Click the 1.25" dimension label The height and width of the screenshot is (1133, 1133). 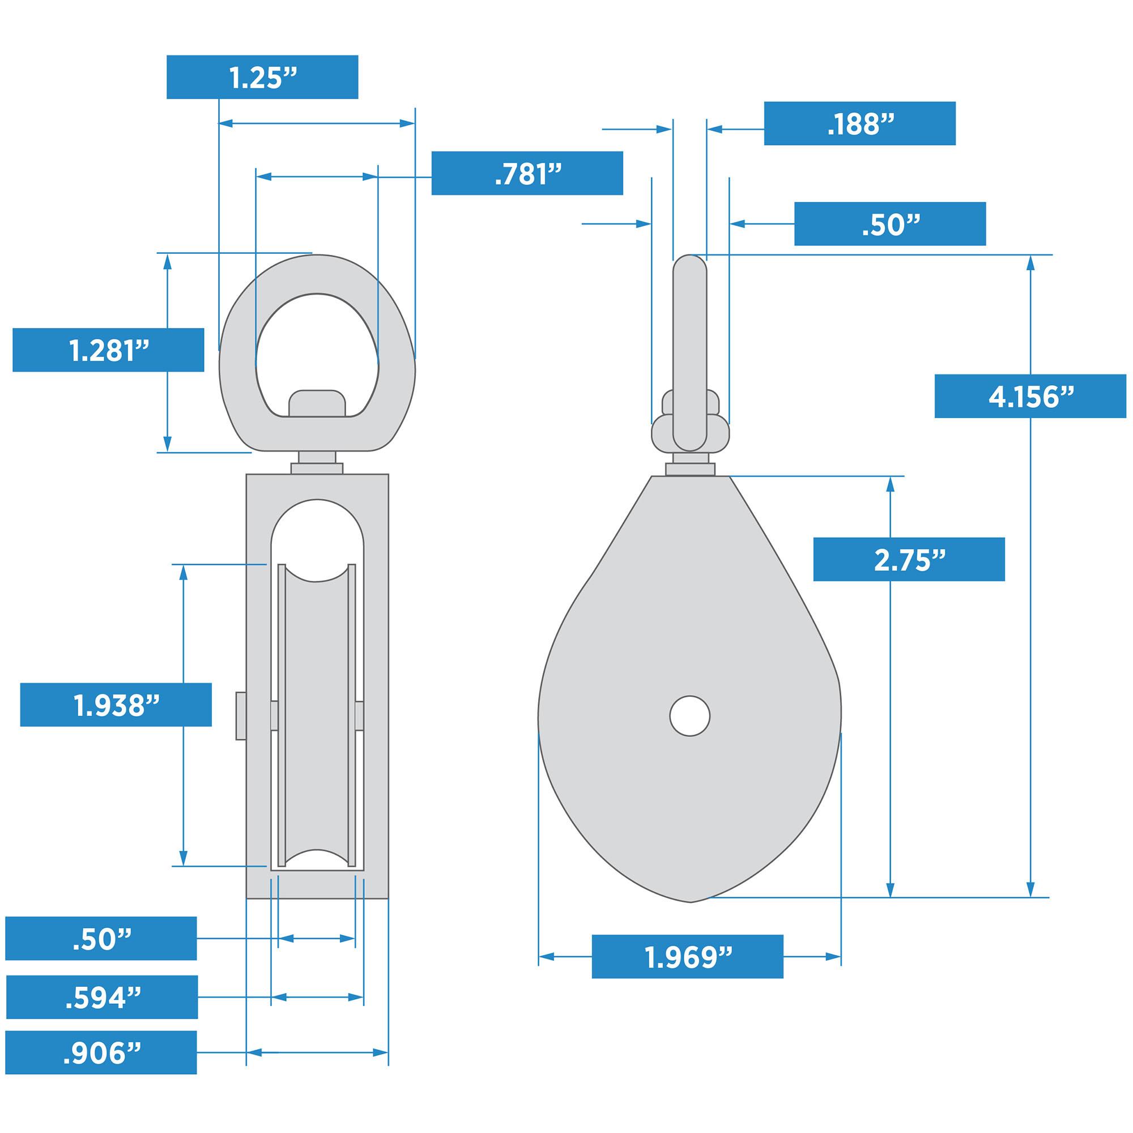point(262,77)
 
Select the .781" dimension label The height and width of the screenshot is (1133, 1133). point(527,173)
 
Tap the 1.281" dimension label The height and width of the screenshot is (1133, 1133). point(109,350)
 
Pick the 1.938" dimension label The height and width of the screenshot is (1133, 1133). point(116,705)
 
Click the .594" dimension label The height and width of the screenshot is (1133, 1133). point(102,997)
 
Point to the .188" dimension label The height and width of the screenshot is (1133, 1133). point(859,123)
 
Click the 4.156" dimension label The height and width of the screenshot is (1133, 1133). point(1030,396)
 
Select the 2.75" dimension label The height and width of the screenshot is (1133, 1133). point(909,560)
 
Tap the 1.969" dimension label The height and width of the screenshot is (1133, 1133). point(687,956)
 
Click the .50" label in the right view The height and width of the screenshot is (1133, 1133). point(889,223)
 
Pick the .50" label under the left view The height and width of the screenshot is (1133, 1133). point(101,939)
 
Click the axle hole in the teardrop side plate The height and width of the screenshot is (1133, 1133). point(689,715)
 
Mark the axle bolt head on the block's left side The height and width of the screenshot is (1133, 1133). point(240,715)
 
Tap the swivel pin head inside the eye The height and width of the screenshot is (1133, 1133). point(317,403)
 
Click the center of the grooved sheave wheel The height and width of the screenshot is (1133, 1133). point(317,715)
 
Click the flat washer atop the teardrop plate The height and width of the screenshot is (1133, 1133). point(690,469)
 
